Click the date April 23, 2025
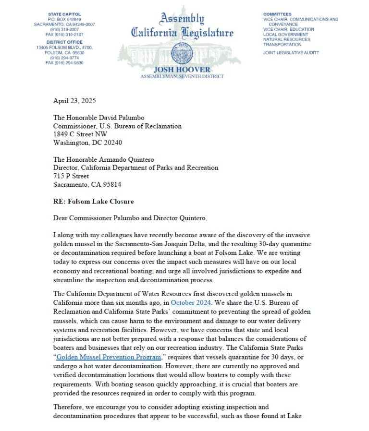(x=74, y=101)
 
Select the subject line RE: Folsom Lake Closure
(x=93, y=201)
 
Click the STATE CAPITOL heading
(x=64, y=14)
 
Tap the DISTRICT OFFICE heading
(x=64, y=42)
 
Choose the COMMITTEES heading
(x=277, y=14)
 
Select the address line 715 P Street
(x=71, y=176)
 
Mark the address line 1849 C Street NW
(x=80, y=134)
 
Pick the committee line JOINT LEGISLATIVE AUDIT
(x=291, y=53)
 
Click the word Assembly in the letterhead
(x=182, y=19)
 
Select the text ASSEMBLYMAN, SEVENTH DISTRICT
(x=182, y=76)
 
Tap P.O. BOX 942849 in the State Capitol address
(x=64, y=19)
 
